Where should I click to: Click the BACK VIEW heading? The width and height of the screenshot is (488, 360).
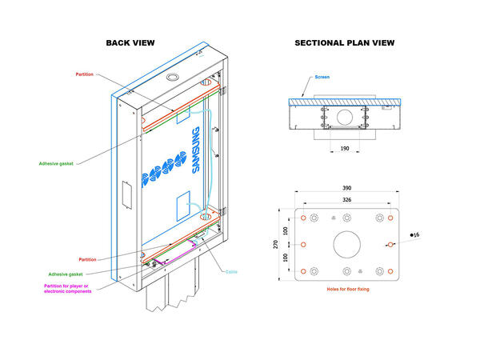[x=130, y=42]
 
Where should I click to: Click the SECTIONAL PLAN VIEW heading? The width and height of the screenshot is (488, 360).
[x=344, y=42]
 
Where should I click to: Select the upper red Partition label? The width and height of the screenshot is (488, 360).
[x=84, y=74]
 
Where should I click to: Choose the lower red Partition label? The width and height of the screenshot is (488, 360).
[x=88, y=259]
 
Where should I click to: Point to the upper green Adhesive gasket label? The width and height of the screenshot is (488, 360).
[x=57, y=164]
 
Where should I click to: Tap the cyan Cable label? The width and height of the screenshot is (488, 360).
[x=230, y=271]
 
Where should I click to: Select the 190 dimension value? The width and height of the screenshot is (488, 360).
[x=345, y=148]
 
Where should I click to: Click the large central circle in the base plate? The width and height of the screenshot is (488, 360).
[x=346, y=243]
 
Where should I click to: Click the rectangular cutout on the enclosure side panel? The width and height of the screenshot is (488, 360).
[x=124, y=197]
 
